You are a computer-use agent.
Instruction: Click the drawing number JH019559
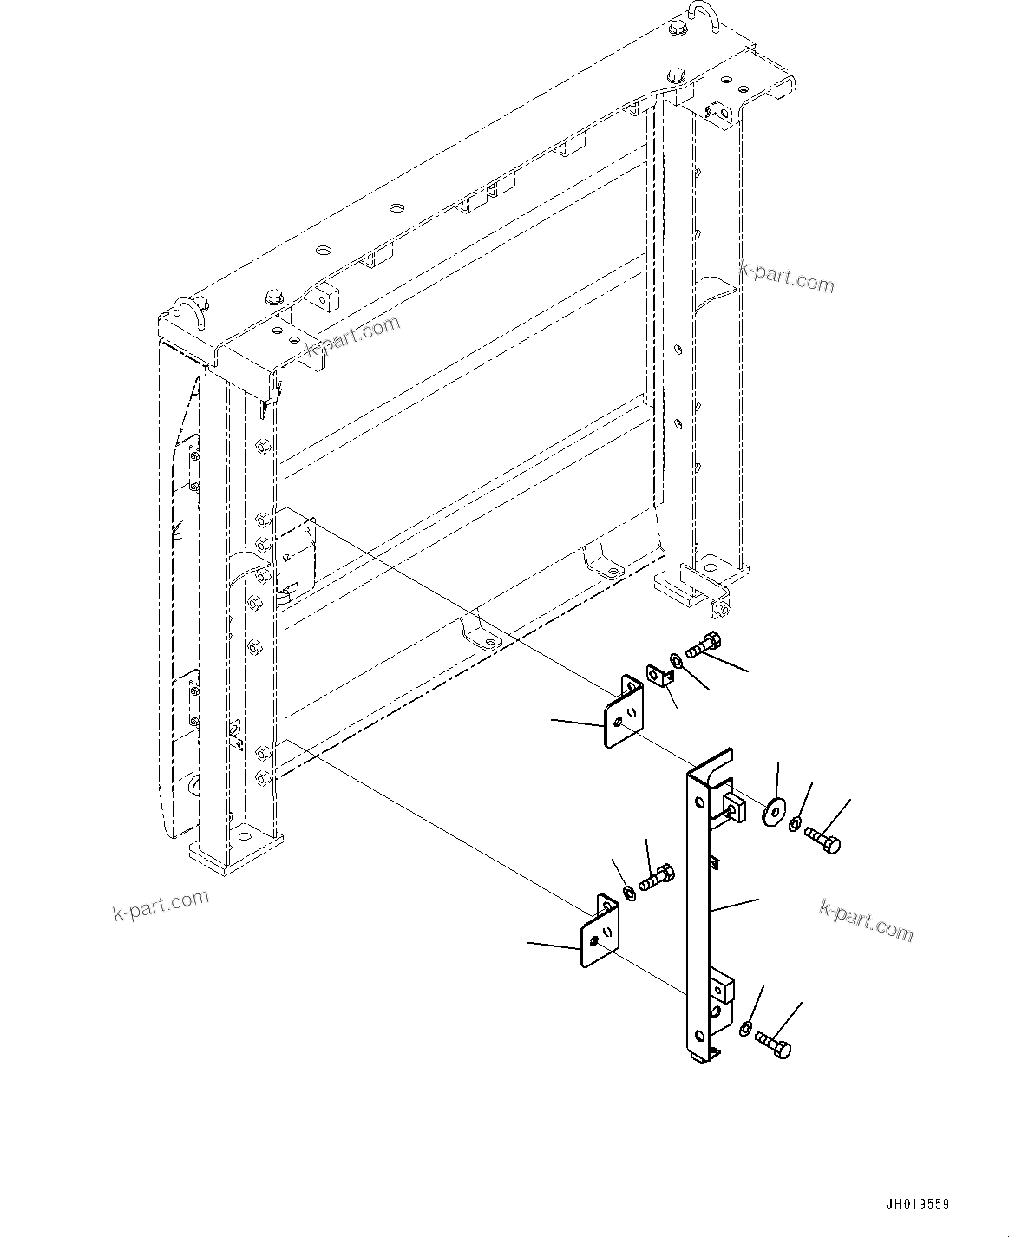(x=917, y=1205)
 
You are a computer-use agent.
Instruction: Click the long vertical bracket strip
(x=698, y=911)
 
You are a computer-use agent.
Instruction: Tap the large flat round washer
(x=771, y=814)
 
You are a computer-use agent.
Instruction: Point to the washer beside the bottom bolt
(x=744, y=1029)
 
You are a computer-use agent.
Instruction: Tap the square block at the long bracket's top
(x=732, y=804)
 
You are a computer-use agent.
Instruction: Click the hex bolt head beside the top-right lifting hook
(x=678, y=31)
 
